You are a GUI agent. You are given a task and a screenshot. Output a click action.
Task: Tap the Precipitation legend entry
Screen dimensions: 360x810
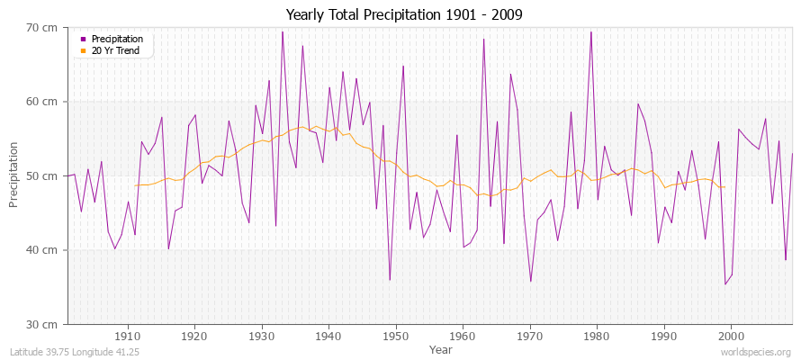point(117,39)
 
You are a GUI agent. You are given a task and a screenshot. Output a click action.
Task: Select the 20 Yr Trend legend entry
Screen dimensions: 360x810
point(116,50)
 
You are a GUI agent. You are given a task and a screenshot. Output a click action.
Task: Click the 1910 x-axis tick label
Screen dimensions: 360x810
point(128,336)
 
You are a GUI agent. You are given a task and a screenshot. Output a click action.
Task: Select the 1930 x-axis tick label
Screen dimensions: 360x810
point(262,336)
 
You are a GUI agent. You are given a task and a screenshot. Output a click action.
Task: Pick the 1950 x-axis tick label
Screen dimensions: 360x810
point(396,336)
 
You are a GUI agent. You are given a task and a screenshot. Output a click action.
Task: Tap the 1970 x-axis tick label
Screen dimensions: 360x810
point(530,336)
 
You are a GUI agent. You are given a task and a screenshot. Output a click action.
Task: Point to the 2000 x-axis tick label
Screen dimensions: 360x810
point(731,336)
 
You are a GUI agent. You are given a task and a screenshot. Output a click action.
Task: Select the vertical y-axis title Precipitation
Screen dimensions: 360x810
point(13,175)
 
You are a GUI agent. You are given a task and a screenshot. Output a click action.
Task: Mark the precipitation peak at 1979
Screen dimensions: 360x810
point(590,32)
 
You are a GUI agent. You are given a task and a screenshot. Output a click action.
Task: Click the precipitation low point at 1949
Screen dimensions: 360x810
point(390,280)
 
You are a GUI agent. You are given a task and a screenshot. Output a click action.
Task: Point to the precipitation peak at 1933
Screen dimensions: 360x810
point(282,31)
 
